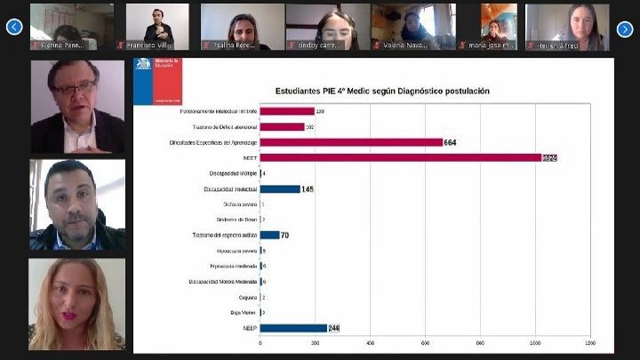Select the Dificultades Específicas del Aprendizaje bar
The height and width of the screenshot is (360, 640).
(x=351, y=142)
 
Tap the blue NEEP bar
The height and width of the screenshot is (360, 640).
(x=293, y=328)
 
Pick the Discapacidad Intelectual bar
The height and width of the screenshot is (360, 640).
(x=280, y=188)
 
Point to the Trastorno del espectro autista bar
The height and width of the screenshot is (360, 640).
(x=269, y=235)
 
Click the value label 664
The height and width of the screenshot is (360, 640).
(x=451, y=142)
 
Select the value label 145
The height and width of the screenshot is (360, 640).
(x=308, y=188)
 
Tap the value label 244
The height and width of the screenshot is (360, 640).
(x=334, y=328)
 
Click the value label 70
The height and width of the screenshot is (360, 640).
(x=285, y=235)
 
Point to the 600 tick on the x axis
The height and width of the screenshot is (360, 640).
(x=425, y=342)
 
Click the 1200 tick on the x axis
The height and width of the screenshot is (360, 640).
(x=589, y=342)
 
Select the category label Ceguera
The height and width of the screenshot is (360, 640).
(x=247, y=297)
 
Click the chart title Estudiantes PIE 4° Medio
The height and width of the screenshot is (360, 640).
(x=383, y=91)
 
